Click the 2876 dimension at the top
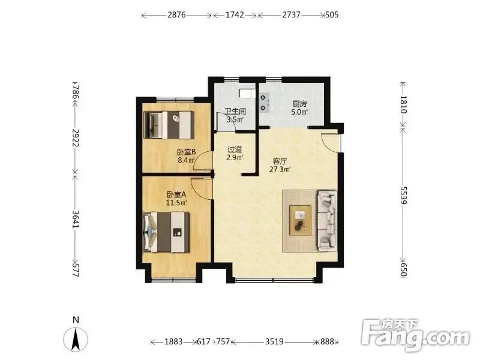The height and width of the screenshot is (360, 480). pyautogui.click(x=176, y=14)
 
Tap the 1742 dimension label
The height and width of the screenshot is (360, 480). pyautogui.click(x=235, y=14)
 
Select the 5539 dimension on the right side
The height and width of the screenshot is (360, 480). pyautogui.click(x=403, y=196)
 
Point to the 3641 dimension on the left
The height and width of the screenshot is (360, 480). pyautogui.click(x=76, y=219)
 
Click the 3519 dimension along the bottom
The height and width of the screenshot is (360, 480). pyautogui.click(x=274, y=341)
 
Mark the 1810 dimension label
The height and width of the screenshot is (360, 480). pyautogui.click(x=403, y=104)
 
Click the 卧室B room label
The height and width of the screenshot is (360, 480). pyautogui.click(x=187, y=152)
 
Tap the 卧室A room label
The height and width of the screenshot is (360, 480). pyautogui.click(x=176, y=194)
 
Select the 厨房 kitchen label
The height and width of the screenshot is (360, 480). pyautogui.click(x=299, y=104)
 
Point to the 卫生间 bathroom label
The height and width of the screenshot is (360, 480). pyautogui.click(x=235, y=112)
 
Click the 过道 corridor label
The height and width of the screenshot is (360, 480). pyautogui.click(x=235, y=149)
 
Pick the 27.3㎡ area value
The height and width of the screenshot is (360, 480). pyautogui.click(x=280, y=169)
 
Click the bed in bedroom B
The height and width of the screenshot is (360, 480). pyautogui.click(x=169, y=125)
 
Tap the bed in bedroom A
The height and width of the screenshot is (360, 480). pyautogui.click(x=166, y=232)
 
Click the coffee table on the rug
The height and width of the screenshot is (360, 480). pyautogui.click(x=301, y=220)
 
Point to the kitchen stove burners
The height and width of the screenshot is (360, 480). pyautogui.click(x=264, y=103)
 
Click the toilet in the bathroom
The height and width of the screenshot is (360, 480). pyautogui.click(x=246, y=93)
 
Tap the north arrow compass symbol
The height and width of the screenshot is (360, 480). pyautogui.click(x=76, y=339)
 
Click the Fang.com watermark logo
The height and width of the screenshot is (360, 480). pyautogui.click(x=415, y=335)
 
